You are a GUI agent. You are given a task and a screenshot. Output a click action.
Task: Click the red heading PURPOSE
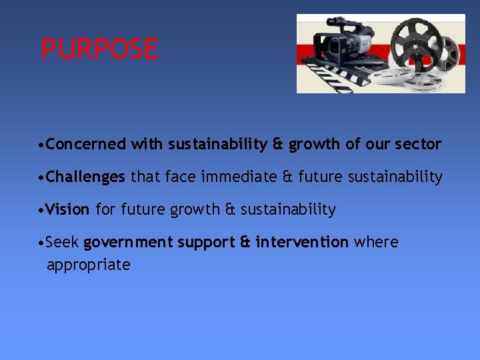click(x=100, y=49)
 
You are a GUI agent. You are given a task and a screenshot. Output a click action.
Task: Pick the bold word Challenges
click(x=86, y=177)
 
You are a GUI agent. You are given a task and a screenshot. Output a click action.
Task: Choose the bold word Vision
click(x=68, y=209)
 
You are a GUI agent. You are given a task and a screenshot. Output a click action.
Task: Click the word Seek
click(x=63, y=242)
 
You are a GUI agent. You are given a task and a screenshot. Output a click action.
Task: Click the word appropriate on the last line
click(x=89, y=265)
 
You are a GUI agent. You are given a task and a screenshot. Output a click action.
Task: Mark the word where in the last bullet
click(x=376, y=242)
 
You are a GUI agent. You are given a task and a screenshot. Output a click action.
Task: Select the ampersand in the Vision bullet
click(x=231, y=209)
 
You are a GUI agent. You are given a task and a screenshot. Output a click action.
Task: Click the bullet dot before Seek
click(x=42, y=243)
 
